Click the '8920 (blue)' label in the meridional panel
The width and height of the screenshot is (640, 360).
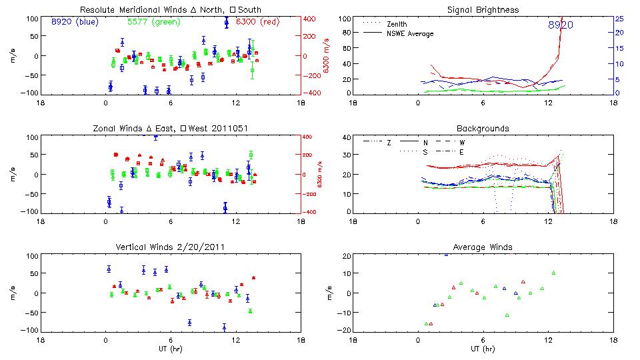pos(75,22)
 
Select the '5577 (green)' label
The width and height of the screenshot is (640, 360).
pos(153,22)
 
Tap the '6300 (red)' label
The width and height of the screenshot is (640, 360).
pos(241,22)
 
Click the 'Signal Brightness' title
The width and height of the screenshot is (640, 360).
pos(483,10)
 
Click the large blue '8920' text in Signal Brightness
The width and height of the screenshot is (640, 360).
pos(560,25)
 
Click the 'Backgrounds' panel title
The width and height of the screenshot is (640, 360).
pos(483,129)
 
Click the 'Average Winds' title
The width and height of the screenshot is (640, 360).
pos(483,247)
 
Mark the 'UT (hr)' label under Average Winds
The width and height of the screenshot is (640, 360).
pos(483,349)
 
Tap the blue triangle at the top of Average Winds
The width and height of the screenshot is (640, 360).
pos(446,254)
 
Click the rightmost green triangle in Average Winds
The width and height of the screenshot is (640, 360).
pos(553,273)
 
